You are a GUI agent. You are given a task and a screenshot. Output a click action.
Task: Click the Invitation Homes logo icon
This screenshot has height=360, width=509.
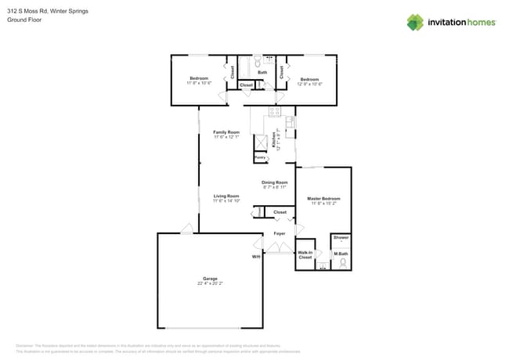[x=415, y=22]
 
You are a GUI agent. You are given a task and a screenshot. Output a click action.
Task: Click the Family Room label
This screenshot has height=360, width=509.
[x=226, y=132]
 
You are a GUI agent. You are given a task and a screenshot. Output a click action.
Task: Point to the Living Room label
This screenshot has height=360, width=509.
[x=226, y=196]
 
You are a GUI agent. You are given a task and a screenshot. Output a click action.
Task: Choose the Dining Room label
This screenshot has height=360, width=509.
[x=274, y=182]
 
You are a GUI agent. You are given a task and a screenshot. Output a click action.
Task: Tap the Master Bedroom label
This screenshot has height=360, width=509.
[x=323, y=199]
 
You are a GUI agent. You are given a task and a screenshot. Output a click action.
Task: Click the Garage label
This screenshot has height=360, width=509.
[x=210, y=279]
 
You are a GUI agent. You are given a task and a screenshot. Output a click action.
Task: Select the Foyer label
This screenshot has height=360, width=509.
[x=279, y=233]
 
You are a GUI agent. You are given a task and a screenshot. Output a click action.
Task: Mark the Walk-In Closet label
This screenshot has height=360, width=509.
[x=305, y=254]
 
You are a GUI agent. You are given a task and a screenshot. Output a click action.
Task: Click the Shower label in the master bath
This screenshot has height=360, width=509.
[x=341, y=237]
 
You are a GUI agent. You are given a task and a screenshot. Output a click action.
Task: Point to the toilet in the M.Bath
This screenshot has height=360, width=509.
[x=341, y=263]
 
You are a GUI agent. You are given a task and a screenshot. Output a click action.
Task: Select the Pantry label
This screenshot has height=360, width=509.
[x=259, y=157]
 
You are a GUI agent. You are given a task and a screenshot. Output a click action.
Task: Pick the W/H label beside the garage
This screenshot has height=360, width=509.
[x=255, y=257]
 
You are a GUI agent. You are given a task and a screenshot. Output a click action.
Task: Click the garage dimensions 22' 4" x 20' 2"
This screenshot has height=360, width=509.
[x=210, y=283]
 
